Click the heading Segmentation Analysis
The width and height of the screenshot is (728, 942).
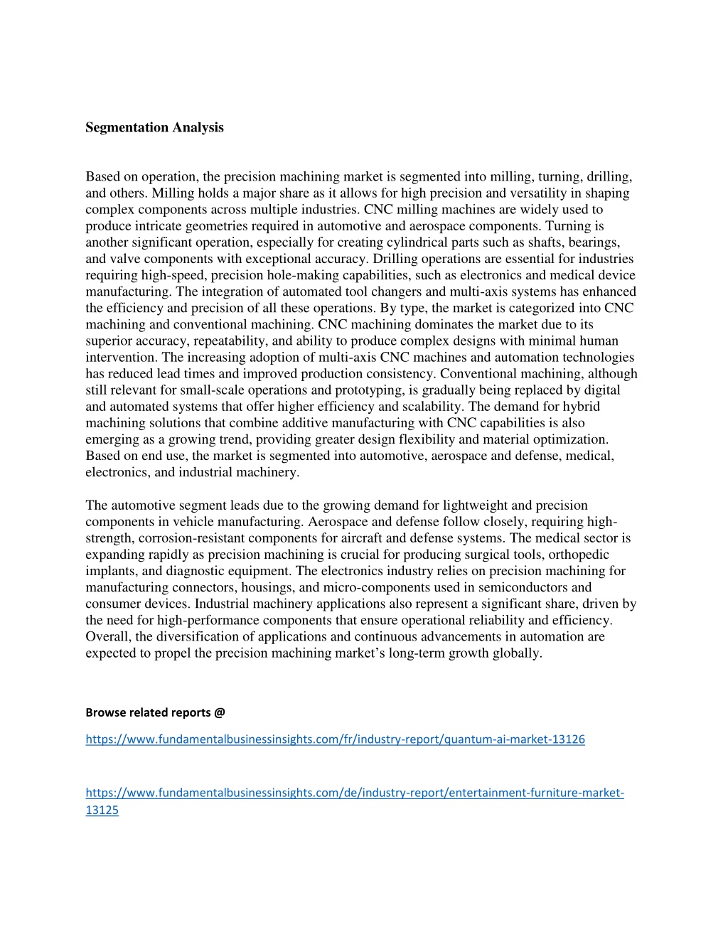coord(154,128)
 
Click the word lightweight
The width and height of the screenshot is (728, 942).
coord(474,505)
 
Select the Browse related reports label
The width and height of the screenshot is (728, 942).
coord(149,712)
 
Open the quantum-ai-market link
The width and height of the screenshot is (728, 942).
coord(335,739)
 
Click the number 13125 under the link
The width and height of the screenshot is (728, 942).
coord(102,810)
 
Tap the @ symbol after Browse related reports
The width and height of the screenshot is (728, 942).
coord(219,712)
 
